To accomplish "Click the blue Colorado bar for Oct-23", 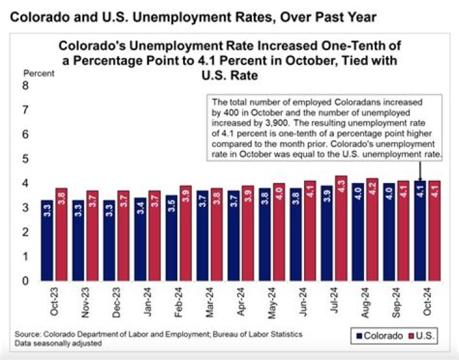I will pos(47,240).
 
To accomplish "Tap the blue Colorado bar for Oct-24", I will pos(419,231).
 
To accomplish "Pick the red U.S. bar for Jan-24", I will pos(155,235).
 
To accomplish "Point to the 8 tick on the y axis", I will pos(26,85).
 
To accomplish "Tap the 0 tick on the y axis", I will pos(26,280).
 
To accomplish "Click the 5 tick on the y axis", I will pos(26,159).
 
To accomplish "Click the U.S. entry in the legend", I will pos(428,336).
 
